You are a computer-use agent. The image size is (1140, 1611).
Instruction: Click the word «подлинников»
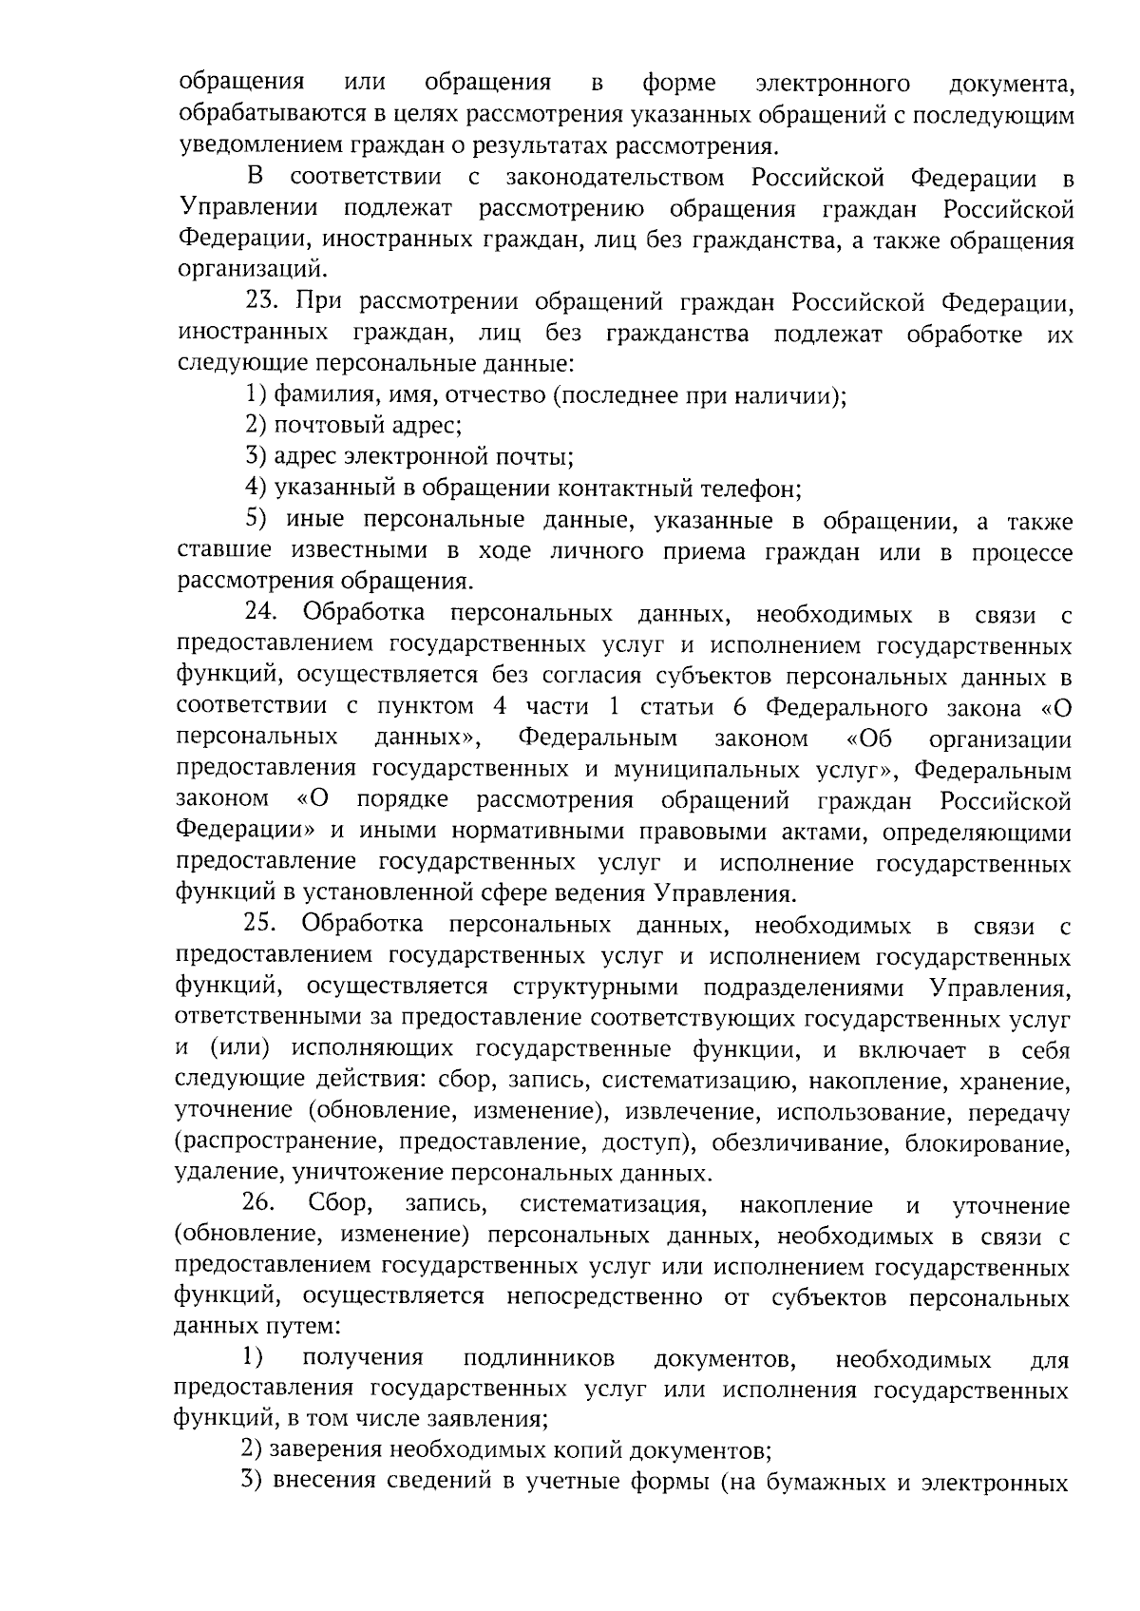539,1360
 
